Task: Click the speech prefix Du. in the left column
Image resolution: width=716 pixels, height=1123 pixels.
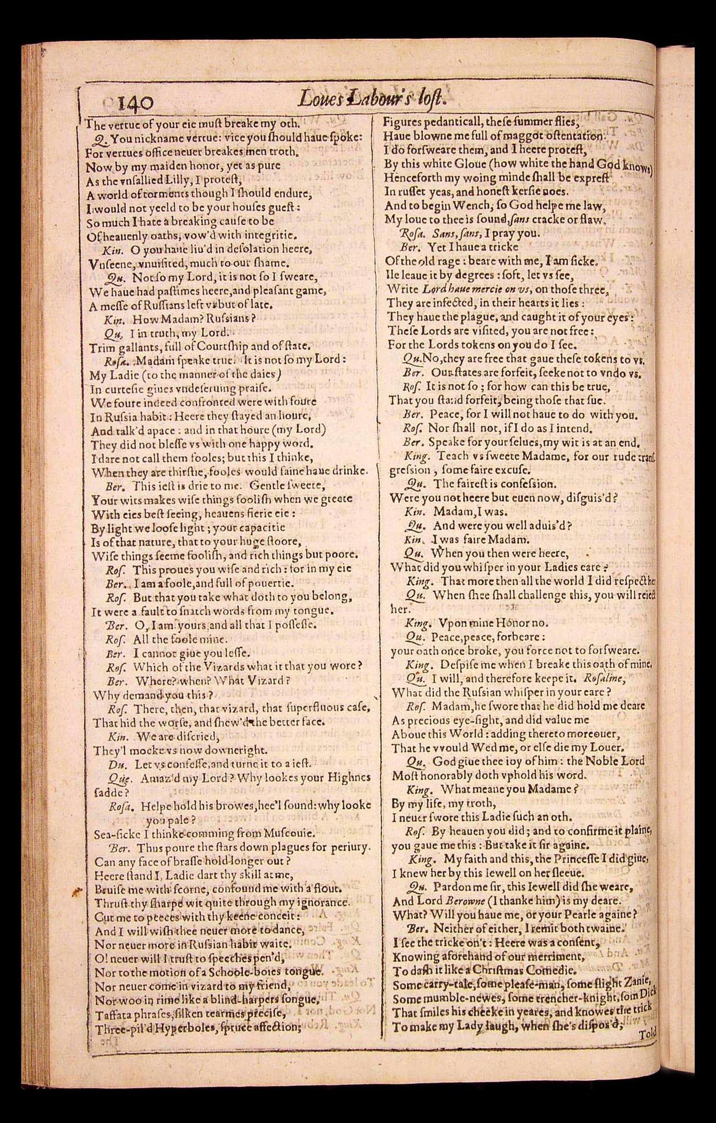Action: click(116, 764)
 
